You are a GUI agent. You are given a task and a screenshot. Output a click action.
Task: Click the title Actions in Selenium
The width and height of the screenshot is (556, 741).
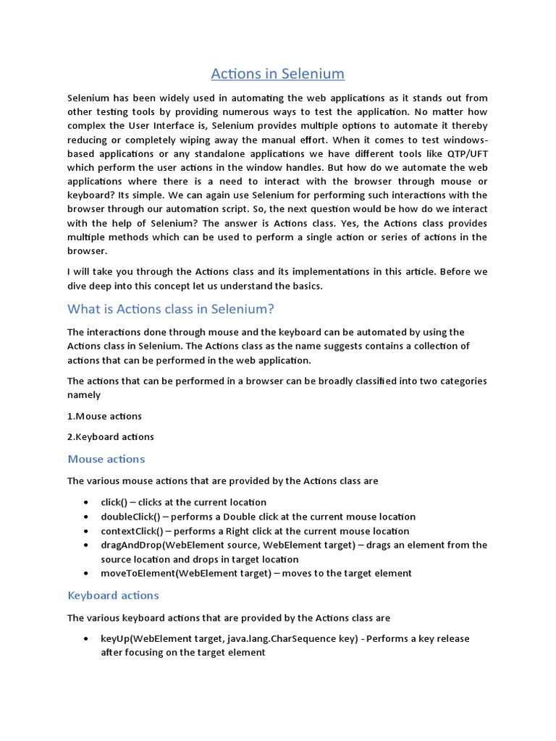tap(277, 74)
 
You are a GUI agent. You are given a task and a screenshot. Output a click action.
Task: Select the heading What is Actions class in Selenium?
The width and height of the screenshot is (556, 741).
tap(171, 309)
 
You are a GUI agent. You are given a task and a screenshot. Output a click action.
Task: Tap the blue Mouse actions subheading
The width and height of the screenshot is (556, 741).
tap(106, 459)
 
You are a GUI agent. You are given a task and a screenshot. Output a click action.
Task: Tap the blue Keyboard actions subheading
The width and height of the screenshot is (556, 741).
tap(113, 595)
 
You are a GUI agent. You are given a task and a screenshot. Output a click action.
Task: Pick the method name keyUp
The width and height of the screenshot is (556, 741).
tap(114, 638)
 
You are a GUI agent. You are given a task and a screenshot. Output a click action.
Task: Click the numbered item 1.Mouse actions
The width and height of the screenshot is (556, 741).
tap(104, 416)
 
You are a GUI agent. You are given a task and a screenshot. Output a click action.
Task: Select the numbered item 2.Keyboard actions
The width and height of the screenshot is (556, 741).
tap(110, 436)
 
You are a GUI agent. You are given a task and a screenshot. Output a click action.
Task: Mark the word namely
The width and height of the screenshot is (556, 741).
tap(84, 395)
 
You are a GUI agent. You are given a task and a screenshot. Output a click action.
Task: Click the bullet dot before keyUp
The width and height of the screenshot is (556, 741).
tap(86, 639)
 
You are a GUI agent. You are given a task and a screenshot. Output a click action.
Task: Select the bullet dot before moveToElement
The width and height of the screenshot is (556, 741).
tap(86, 574)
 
